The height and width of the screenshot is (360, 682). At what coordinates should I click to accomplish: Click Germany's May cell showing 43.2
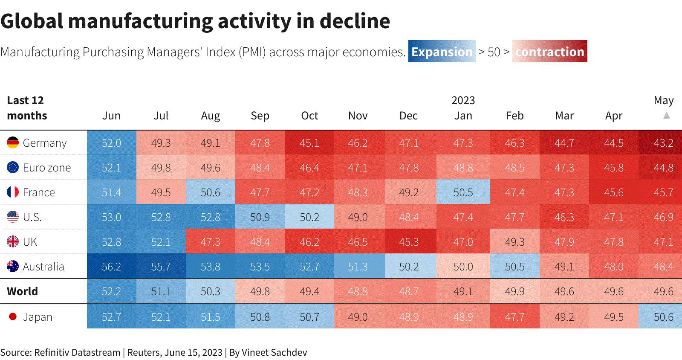pos(660,142)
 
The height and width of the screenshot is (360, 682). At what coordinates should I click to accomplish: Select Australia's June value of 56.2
pos(111,267)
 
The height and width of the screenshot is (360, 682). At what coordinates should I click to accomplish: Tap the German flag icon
pos(13,142)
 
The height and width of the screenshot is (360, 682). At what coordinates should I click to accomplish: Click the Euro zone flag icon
pos(13,167)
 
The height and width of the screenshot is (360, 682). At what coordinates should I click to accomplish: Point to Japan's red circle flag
pos(13,317)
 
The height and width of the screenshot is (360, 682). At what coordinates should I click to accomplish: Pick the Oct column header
pos(309,116)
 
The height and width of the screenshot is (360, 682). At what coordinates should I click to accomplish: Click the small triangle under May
pos(667,116)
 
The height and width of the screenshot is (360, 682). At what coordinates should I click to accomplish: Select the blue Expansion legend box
pos(442,51)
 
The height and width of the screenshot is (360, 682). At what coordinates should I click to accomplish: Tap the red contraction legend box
pos(549,51)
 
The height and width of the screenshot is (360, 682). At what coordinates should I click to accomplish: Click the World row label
pos(23,291)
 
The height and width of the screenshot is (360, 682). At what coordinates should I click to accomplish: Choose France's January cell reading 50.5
pos(463,192)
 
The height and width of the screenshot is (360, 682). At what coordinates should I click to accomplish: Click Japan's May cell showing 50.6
pos(660,317)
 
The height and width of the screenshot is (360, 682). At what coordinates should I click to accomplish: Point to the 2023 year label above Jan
pos(463,100)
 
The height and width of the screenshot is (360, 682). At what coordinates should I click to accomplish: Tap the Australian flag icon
pos(13,266)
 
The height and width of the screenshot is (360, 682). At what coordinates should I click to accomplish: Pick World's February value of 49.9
pos(515,291)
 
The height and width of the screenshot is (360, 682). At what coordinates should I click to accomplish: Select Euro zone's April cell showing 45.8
pos(614,167)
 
